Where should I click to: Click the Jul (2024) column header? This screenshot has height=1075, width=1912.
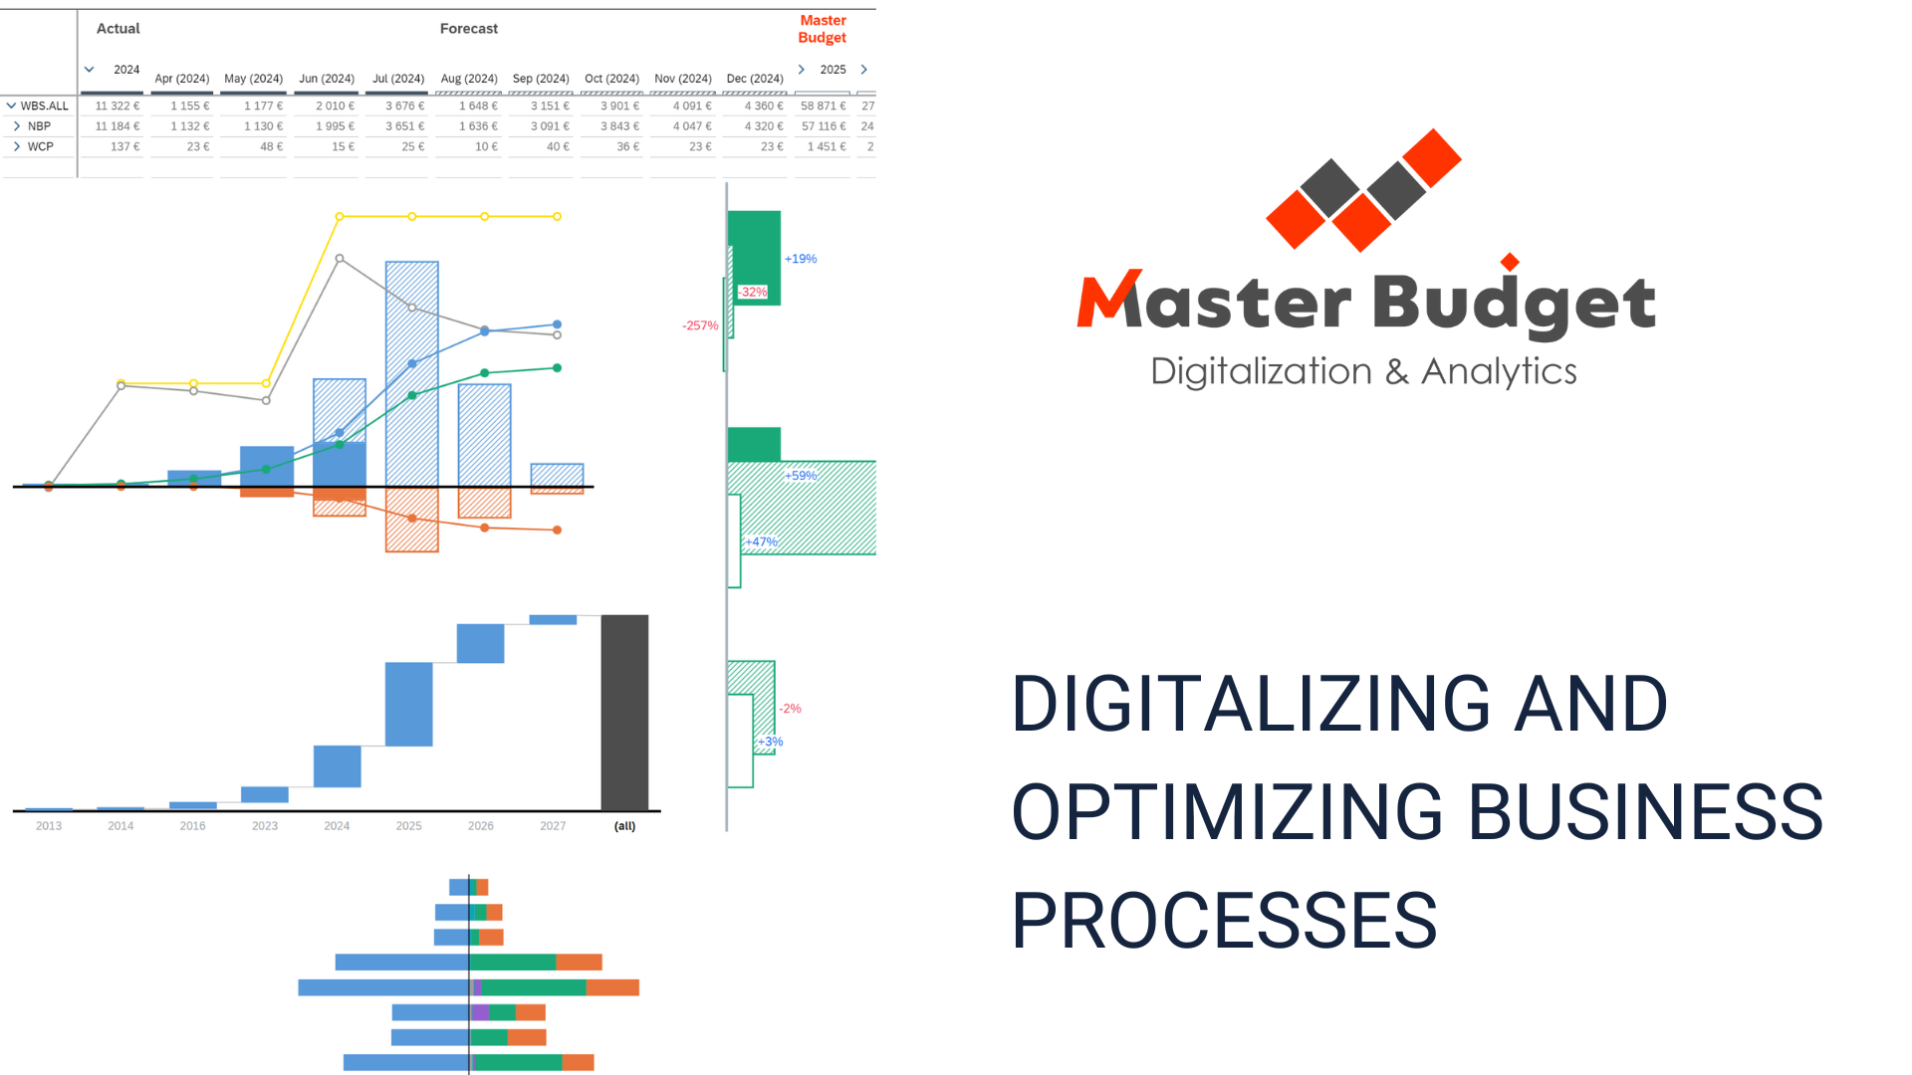click(398, 79)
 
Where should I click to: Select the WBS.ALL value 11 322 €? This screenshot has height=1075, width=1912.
click(118, 106)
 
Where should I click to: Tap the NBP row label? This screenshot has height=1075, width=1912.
click(39, 126)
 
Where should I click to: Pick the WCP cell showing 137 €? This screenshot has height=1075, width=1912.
click(125, 146)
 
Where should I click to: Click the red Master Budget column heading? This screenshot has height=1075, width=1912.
click(823, 29)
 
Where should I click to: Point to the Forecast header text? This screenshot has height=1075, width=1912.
click(469, 29)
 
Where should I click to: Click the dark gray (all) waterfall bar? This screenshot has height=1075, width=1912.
click(624, 713)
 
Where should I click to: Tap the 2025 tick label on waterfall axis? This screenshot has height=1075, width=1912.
click(408, 826)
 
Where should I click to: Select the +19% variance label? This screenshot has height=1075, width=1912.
click(801, 259)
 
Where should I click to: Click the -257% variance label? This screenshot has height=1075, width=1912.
click(700, 325)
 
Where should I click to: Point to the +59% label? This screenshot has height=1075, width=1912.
click(801, 476)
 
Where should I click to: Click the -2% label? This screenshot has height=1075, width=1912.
click(791, 709)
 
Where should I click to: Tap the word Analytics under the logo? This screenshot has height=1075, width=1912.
click(1499, 371)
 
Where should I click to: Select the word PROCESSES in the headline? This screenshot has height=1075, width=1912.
click(1224, 921)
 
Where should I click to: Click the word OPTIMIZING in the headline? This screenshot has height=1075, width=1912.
click(1227, 812)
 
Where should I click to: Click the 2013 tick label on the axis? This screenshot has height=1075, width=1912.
click(49, 826)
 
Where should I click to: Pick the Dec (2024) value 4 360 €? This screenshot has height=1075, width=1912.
click(764, 106)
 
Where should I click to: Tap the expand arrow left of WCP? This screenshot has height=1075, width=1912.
click(17, 146)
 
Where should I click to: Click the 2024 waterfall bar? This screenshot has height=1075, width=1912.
click(337, 766)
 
